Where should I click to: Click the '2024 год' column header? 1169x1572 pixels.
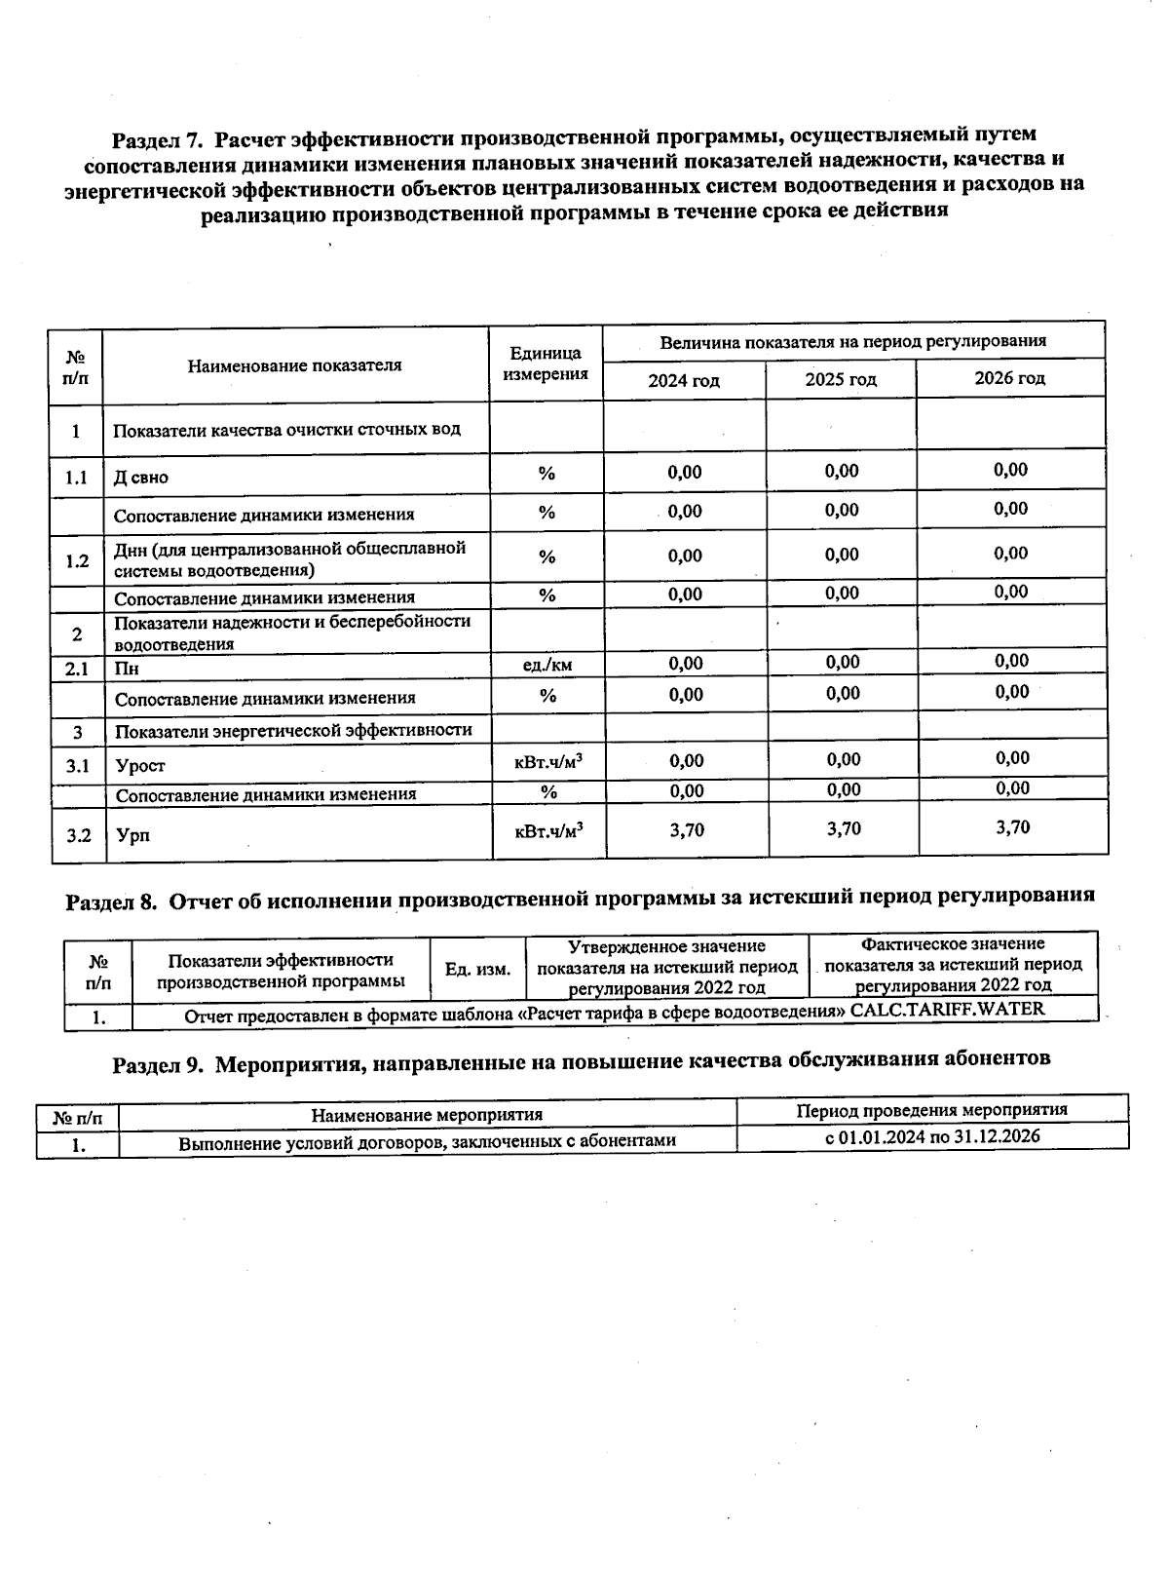pos(684,380)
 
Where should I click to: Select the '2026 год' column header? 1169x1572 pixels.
pos(1009,378)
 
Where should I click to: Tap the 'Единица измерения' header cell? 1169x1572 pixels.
pos(546,364)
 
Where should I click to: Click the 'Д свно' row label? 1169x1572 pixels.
pos(141,478)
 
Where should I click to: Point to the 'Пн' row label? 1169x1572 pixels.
pos(127,669)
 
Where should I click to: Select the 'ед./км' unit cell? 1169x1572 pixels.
pos(547,665)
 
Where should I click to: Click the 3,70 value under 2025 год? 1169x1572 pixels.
pos(844,828)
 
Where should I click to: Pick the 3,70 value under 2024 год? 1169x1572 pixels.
pos(687,829)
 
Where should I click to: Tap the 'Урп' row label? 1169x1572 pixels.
pos(132,835)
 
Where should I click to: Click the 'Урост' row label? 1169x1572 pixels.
pos(140,766)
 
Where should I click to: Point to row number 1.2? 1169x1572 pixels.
pos(77,560)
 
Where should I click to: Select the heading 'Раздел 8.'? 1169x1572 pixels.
pos(111,901)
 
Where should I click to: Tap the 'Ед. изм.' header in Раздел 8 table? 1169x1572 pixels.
pos(477,969)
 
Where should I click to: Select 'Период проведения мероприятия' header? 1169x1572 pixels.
pos(931,1110)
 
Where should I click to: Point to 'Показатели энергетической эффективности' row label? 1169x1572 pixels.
pos(293,730)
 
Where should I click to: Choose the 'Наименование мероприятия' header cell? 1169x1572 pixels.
pos(427,1114)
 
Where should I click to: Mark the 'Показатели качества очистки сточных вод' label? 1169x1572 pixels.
pos(287,430)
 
